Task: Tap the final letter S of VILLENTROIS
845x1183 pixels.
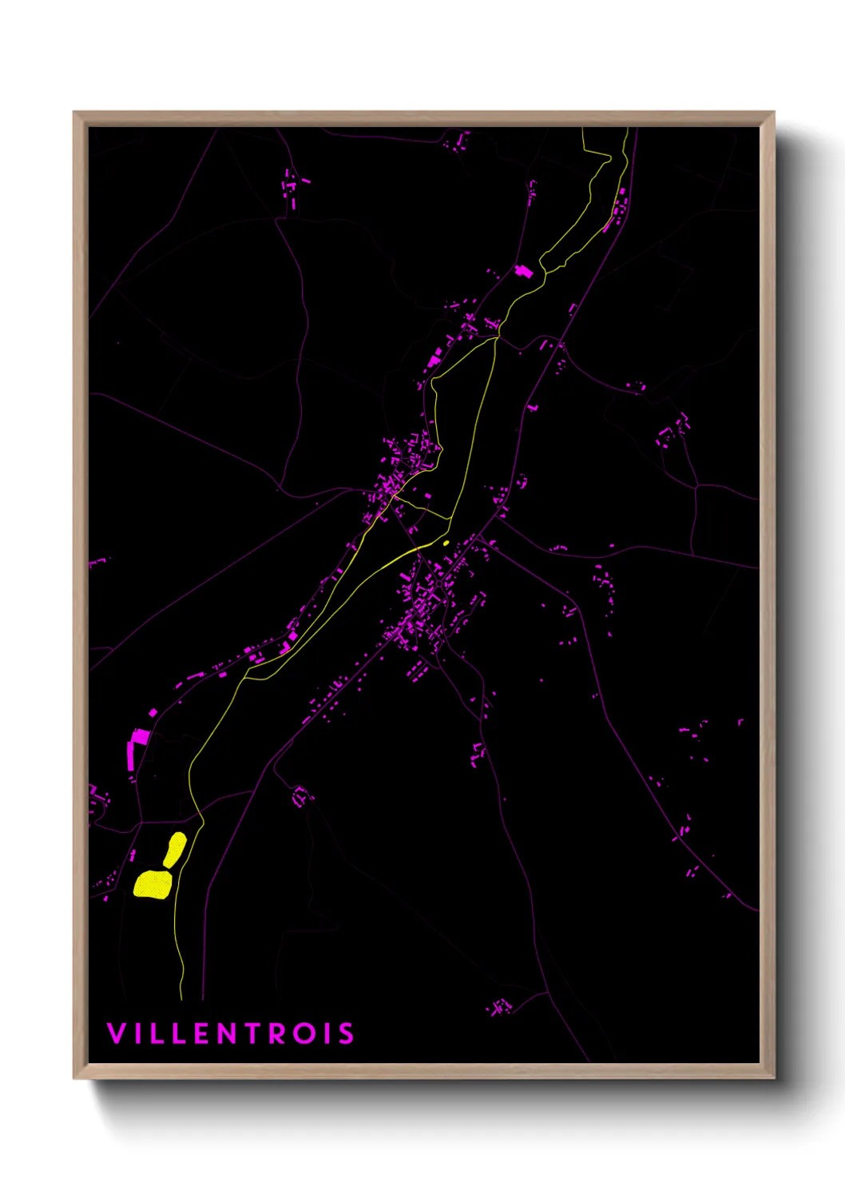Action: pos(346,1033)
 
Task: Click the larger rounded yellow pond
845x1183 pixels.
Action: pos(152,885)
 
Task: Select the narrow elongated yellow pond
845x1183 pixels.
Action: pos(176,849)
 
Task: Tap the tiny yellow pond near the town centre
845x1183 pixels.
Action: pos(446,544)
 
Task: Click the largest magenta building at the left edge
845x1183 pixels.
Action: pos(131,755)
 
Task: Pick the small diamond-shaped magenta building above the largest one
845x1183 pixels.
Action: pos(153,712)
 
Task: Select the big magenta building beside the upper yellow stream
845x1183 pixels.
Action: pos(524,271)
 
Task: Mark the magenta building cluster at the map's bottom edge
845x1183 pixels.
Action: pos(501,1006)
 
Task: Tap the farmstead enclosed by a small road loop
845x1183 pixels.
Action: pos(301,796)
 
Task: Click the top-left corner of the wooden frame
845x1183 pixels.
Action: pos(74,113)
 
